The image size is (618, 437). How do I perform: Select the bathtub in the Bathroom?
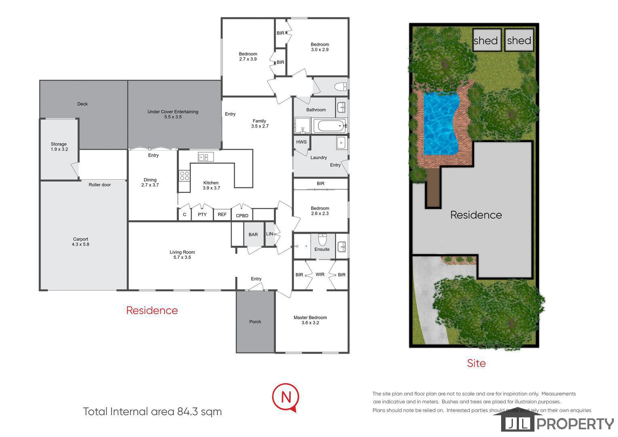coord(329,126)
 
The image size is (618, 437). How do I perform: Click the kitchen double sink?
coord(205,157)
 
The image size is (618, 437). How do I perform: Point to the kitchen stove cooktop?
coord(184,176)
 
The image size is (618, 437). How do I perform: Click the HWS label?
coord(301,142)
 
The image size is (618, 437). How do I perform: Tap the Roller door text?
coord(99,185)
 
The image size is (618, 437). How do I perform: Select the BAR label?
coord(253,234)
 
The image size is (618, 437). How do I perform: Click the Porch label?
coord(255,322)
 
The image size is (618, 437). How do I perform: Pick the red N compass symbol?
coord(286,397)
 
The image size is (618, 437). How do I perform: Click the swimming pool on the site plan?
coord(440,123)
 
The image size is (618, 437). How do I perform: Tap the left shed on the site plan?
coord(487,40)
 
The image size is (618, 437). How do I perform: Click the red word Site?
coord(476,363)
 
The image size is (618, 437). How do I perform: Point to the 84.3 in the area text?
coord(187,412)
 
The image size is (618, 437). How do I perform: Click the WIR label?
coord(320,274)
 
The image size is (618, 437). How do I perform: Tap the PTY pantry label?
coord(202,214)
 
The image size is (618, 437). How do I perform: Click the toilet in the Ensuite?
coord(322,240)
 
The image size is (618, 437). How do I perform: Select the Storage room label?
coord(59,146)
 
